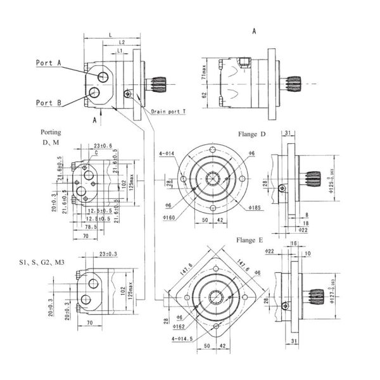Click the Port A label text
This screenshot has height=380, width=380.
click(x=48, y=63)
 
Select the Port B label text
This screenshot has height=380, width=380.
click(x=48, y=103)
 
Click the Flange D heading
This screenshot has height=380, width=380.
click(x=251, y=134)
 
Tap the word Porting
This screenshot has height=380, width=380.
click(x=51, y=133)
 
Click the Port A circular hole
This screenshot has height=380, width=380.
click(x=103, y=76)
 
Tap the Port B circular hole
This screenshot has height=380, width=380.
click(x=94, y=94)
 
